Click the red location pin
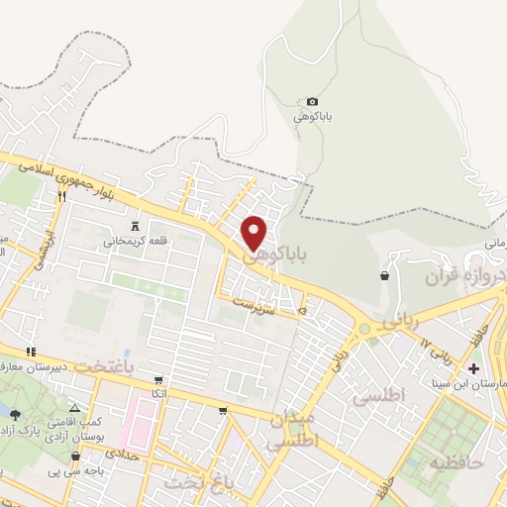[255, 232]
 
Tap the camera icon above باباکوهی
[313, 101]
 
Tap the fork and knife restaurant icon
[61, 196]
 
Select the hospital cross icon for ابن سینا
[473, 368]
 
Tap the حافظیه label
[455, 460]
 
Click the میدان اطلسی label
[294, 428]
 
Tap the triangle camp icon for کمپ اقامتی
[76, 408]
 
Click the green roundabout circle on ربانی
[364, 328]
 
